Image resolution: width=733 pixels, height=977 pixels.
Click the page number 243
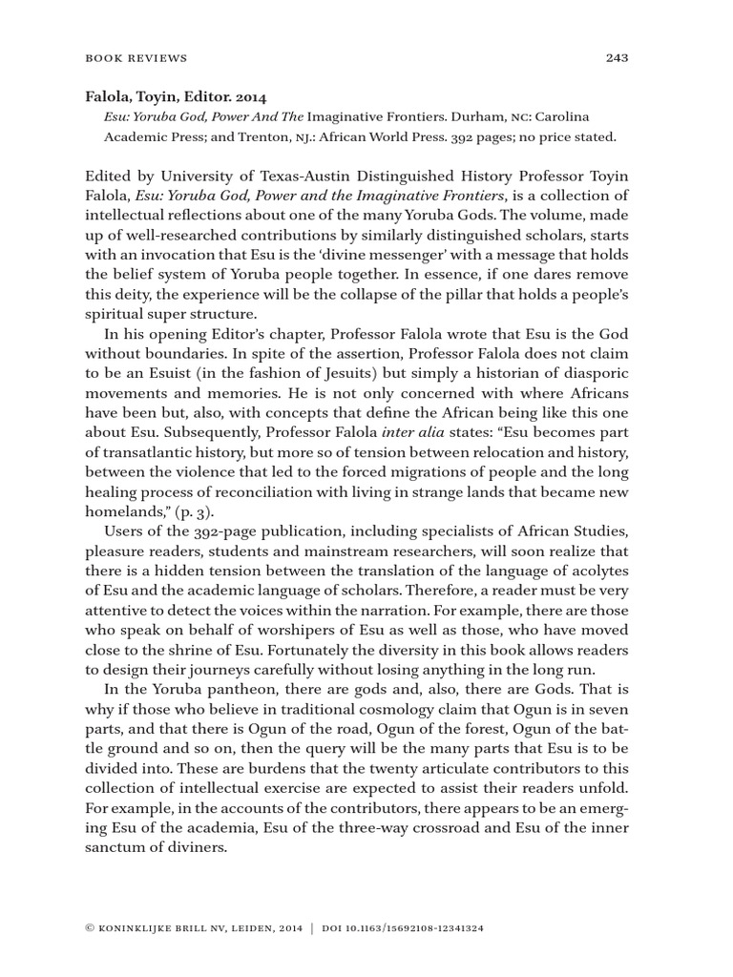click(x=616, y=58)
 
